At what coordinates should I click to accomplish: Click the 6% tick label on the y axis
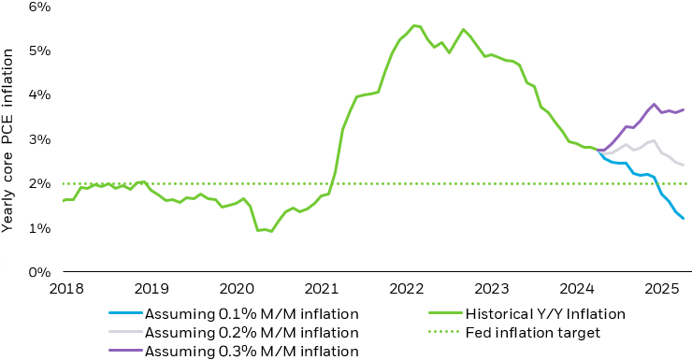pyautogui.click(x=39, y=7)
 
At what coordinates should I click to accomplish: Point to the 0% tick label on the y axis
pyautogui.click(x=39, y=273)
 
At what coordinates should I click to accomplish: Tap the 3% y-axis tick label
pyautogui.click(x=39, y=139)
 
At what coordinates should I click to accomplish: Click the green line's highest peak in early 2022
pyautogui.click(x=413, y=25)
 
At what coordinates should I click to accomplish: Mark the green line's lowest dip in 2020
pyautogui.click(x=271, y=231)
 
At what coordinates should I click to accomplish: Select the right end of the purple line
pyautogui.click(x=684, y=109)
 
